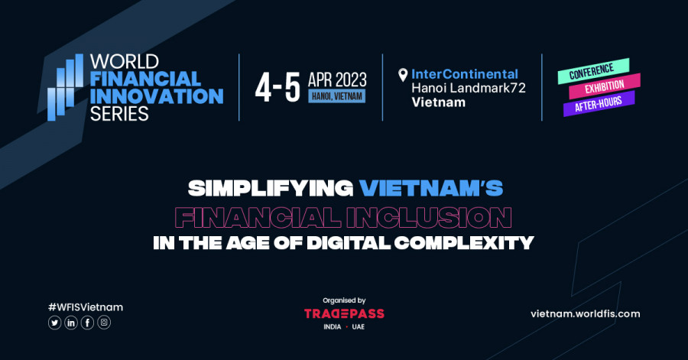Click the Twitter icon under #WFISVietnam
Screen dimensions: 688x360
pyautogui.click(x=54, y=323)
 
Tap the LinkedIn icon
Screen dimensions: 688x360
pyautogui.click(x=71, y=323)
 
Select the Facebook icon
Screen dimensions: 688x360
pyautogui.click(x=87, y=323)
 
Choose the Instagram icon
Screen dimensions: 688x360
pyautogui.click(x=104, y=323)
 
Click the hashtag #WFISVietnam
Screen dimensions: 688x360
pyautogui.click(x=86, y=307)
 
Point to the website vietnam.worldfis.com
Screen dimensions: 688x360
pyautogui.click(x=586, y=314)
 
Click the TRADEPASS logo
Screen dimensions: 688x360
pyautogui.click(x=344, y=313)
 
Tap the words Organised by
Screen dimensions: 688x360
pyautogui.click(x=344, y=300)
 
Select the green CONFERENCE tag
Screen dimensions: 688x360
pyautogui.click(x=593, y=71)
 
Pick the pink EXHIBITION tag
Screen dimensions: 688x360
pyautogui.click(x=605, y=86)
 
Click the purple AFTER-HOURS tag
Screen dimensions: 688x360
pyautogui.click(x=599, y=103)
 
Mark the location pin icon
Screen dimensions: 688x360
pyautogui.click(x=403, y=75)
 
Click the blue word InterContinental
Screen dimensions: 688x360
pyautogui.click(x=465, y=74)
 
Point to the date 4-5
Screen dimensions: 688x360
pyautogui.click(x=277, y=88)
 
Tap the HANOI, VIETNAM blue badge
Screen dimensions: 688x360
pyautogui.click(x=337, y=96)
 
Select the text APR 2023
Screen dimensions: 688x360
pyautogui.click(x=337, y=79)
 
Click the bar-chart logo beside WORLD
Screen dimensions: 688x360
pyautogui.click(x=66, y=87)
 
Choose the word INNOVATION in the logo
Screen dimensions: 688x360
pyautogui.click(x=157, y=96)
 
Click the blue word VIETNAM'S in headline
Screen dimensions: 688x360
pyautogui.click(x=431, y=189)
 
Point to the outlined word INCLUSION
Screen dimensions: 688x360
pyautogui.click(x=430, y=218)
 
